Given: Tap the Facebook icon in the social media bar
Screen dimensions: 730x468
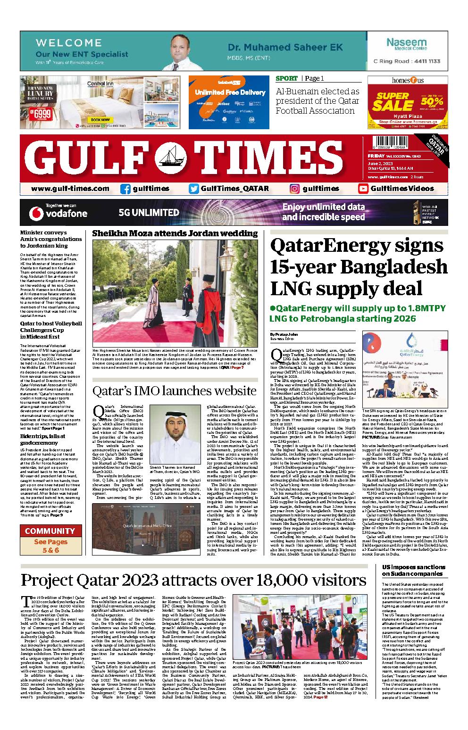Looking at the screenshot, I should click(x=125, y=189).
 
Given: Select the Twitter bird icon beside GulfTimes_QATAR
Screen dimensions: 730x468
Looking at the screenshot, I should click(x=193, y=189).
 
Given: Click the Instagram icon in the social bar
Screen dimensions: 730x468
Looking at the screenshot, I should click(x=295, y=189).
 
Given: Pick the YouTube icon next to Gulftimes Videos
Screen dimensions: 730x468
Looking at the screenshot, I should click(x=363, y=189).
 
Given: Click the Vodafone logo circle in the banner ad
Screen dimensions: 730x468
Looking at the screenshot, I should click(x=36, y=213).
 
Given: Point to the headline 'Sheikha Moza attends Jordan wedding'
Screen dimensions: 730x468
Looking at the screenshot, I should click(x=175, y=233).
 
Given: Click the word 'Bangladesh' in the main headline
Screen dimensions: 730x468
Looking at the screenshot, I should click(x=393, y=266).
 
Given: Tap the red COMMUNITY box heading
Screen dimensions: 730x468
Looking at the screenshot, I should click(x=50, y=531).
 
